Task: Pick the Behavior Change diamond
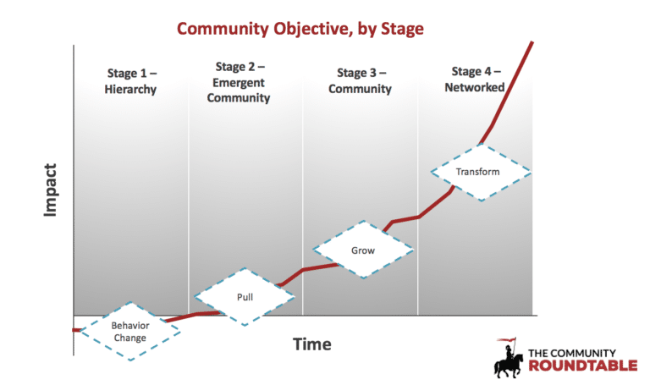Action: pos(129,331)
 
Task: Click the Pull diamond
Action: pos(245,297)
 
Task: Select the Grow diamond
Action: pos(363,250)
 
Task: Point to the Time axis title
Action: pos(311,344)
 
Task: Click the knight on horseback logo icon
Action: pos(510,360)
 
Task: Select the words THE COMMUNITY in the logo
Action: pos(572,351)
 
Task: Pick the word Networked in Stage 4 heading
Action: pos(478,87)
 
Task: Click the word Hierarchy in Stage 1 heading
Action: pos(132,89)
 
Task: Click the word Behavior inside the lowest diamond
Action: pos(129,325)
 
